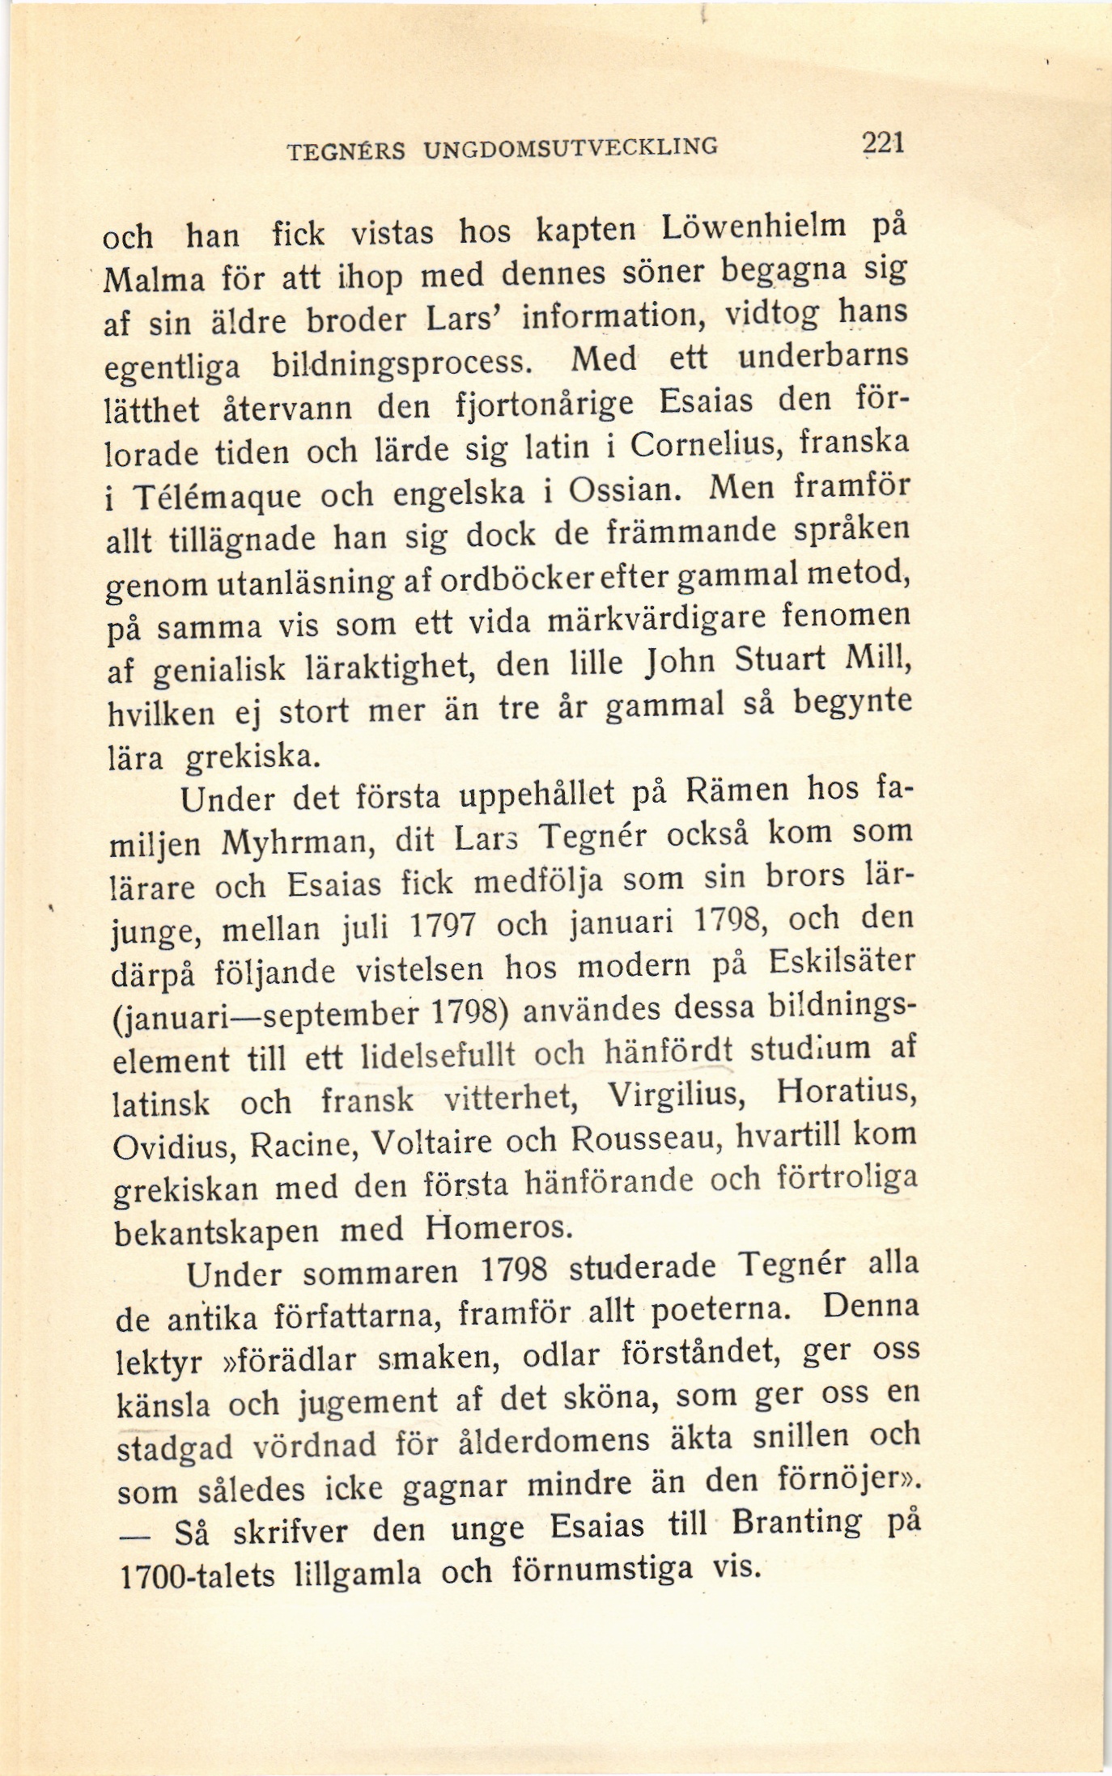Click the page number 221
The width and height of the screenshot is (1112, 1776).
pyautogui.click(x=881, y=142)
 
